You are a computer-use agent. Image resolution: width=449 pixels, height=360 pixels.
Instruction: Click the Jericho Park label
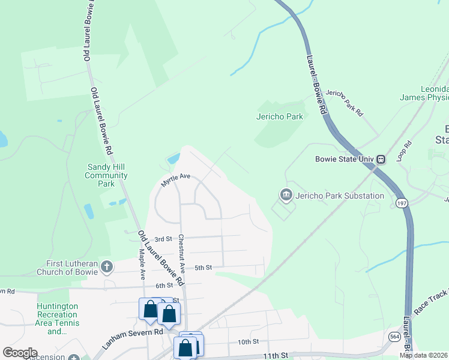[280, 116]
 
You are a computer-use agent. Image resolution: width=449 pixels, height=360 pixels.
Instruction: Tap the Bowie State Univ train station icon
[381, 160]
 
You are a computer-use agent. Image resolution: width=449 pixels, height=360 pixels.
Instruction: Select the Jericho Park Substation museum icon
[286, 195]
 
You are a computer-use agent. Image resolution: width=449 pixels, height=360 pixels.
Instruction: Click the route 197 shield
[401, 203]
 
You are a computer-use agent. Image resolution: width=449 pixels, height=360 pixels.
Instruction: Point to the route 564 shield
[394, 337]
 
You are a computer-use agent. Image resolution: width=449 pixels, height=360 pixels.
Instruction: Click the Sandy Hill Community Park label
[106, 175]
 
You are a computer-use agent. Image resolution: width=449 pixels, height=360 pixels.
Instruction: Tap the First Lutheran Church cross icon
[106, 266]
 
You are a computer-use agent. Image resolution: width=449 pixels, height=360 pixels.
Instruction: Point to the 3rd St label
[163, 239]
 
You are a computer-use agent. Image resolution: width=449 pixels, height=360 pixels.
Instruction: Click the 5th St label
[202, 268]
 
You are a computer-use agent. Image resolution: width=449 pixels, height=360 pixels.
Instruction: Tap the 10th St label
[247, 341]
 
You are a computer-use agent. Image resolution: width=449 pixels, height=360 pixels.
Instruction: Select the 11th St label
[276, 356]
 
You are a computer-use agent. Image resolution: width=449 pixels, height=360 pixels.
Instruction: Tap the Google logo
[20, 353]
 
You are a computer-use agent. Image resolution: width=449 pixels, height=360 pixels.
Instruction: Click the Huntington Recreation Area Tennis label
[58, 318]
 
